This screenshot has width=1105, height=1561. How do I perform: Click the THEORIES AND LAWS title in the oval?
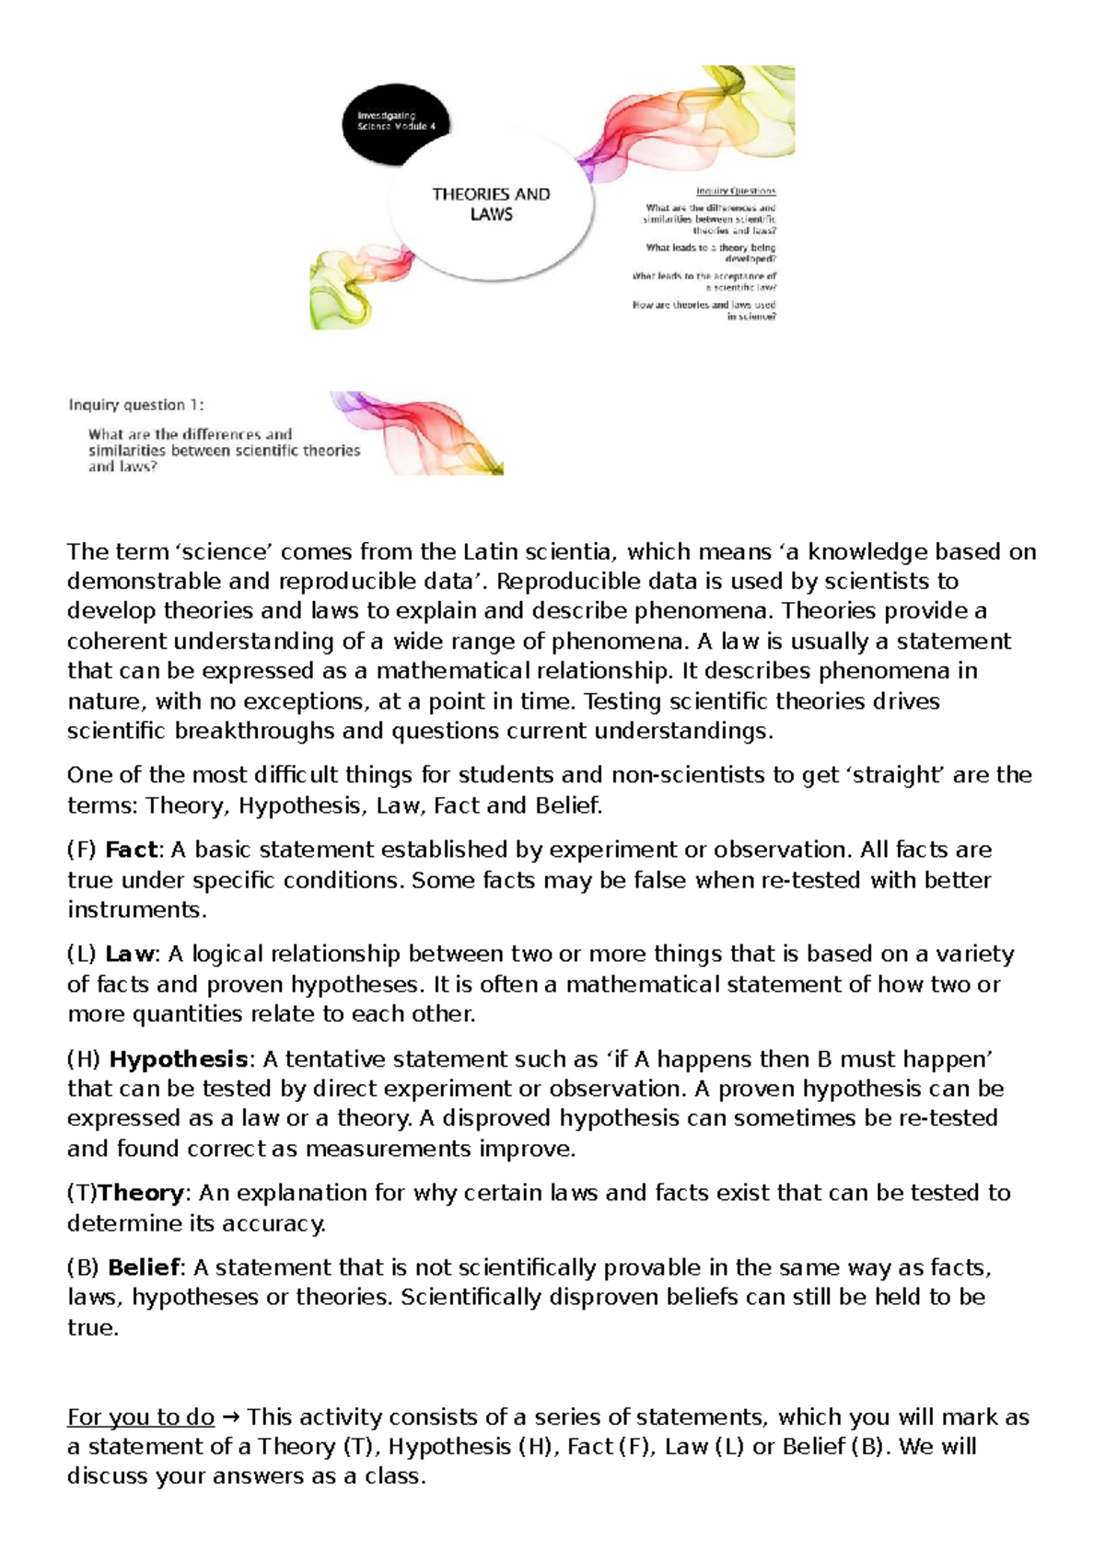(491, 204)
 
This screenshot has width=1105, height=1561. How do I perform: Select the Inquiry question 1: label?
(136, 405)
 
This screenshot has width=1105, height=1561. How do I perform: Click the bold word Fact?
(132, 850)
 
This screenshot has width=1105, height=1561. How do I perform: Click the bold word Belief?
(143, 1267)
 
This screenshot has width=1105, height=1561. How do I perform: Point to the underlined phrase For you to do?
(141, 1416)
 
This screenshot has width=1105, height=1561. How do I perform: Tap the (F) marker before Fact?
(82, 850)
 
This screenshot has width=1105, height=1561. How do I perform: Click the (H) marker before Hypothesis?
(83, 1058)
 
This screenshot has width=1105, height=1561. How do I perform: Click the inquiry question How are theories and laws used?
(704, 305)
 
